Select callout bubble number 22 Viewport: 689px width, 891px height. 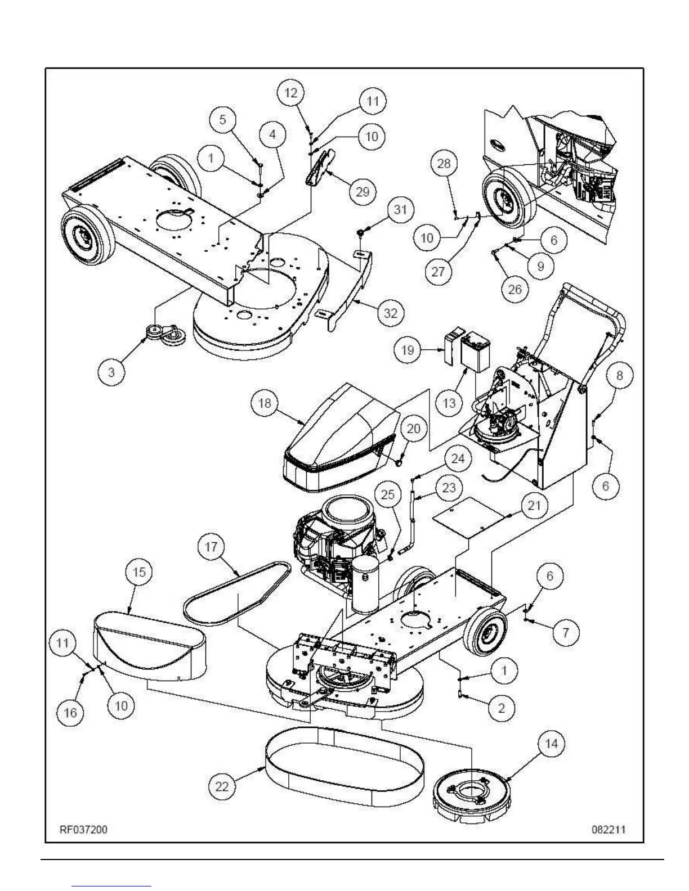(x=222, y=786)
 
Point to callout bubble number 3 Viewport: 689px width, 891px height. (x=111, y=372)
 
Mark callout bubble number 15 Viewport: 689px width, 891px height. (x=138, y=572)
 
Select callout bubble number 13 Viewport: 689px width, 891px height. (x=449, y=403)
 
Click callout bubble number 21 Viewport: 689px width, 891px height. (x=533, y=505)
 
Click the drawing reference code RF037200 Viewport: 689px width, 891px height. (x=84, y=830)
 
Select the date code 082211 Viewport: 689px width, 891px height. (x=608, y=830)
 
